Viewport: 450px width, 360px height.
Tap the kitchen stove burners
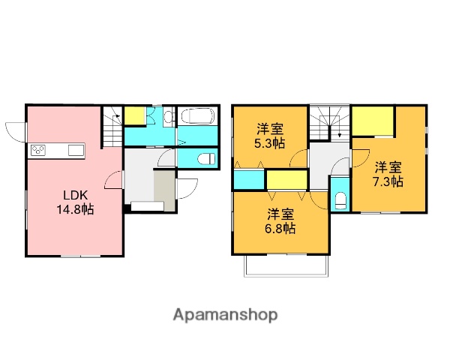(x=39, y=150)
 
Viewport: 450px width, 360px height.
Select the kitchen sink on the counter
(x=76, y=150)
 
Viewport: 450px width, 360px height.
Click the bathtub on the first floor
(x=199, y=117)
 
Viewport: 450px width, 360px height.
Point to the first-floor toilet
(x=205, y=158)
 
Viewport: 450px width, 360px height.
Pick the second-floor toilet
(x=340, y=199)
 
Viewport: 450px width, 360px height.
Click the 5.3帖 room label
(x=268, y=135)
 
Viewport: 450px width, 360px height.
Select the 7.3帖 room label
(x=389, y=173)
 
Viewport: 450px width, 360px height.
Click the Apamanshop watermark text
(x=226, y=314)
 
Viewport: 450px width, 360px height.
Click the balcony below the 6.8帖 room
(x=286, y=266)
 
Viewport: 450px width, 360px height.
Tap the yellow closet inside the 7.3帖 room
(x=373, y=120)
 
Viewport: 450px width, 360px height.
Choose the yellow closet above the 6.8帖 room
(x=286, y=180)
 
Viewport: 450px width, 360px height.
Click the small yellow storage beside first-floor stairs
(x=135, y=115)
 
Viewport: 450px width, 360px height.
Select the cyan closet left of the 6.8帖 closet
(x=248, y=180)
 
